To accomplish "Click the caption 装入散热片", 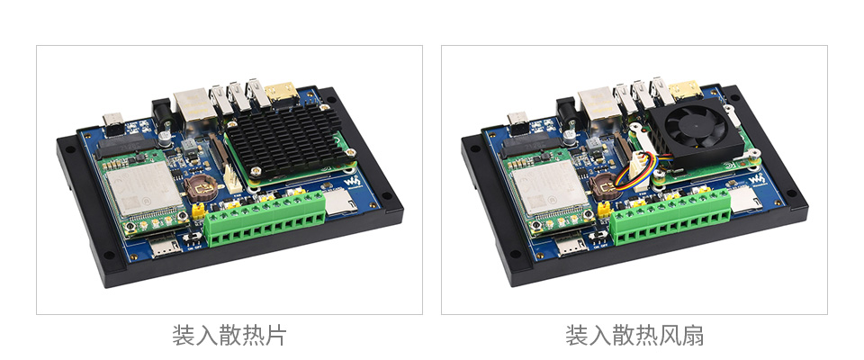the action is [x=229, y=335].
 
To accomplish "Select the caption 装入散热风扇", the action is [x=634, y=335].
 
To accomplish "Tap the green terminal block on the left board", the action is [x=265, y=218].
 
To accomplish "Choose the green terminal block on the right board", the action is [x=670, y=217].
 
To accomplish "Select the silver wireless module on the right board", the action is [x=549, y=187].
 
